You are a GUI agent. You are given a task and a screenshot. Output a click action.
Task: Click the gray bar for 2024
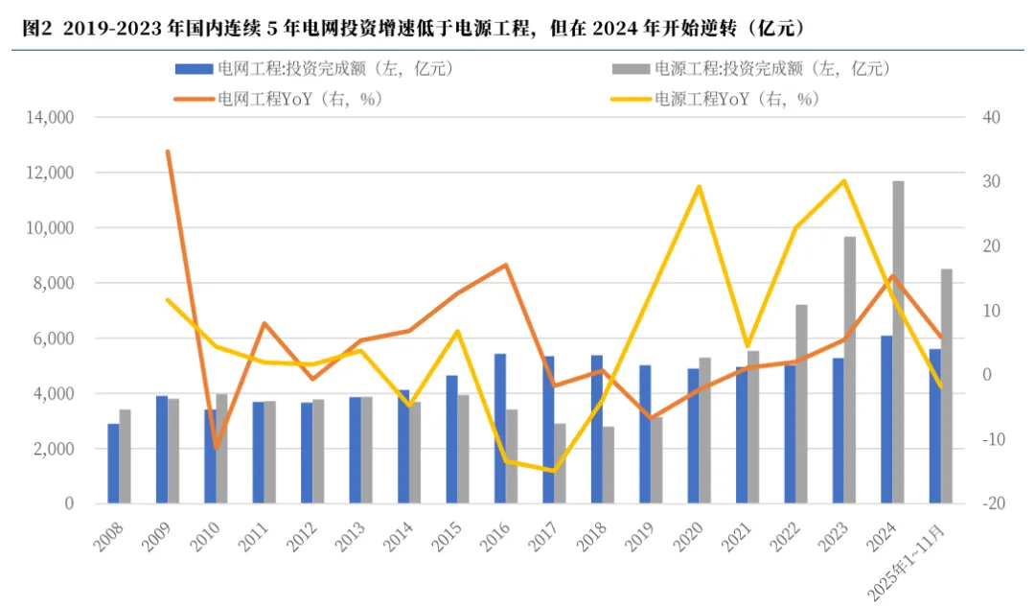(x=898, y=342)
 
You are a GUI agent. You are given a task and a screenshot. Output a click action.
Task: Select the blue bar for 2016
(x=500, y=429)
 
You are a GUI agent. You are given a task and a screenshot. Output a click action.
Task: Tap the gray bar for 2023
(x=850, y=370)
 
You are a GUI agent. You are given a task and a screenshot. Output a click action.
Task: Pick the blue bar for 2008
(x=113, y=464)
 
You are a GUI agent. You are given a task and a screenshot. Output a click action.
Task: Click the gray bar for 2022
(x=801, y=405)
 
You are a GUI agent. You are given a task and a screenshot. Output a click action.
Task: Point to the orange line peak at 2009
(x=168, y=152)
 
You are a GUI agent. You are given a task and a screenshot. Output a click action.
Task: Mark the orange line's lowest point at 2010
(x=216, y=448)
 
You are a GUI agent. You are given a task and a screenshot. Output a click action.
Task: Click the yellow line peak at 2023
(x=844, y=180)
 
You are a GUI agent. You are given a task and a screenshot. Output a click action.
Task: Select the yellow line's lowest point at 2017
(x=554, y=471)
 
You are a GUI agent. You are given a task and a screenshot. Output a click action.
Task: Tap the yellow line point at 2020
(x=699, y=187)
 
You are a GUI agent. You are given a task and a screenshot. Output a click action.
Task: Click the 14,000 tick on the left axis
(x=50, y=118)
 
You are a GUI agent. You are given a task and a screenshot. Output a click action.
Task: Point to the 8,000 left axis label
(x=54, y=283)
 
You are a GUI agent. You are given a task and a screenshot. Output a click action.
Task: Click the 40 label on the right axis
(x=992, y=118)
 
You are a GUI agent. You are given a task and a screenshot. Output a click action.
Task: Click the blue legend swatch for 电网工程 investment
(x=194, y=69)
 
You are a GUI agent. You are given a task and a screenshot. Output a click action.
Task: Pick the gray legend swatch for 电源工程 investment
(x=631, y=69)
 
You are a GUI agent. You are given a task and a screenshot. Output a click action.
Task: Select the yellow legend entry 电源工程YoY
(x=716, y=100)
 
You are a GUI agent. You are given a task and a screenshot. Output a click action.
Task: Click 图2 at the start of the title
(x=36, y=29)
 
